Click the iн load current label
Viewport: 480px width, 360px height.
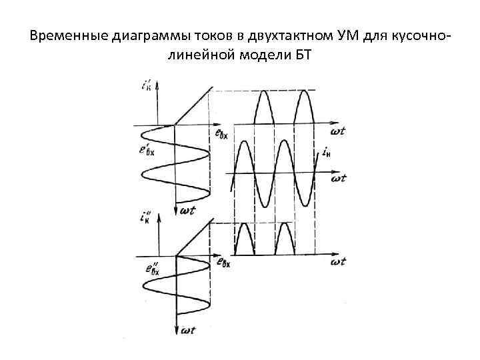[326, 154]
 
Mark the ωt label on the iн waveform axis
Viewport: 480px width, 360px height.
[338, 179]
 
